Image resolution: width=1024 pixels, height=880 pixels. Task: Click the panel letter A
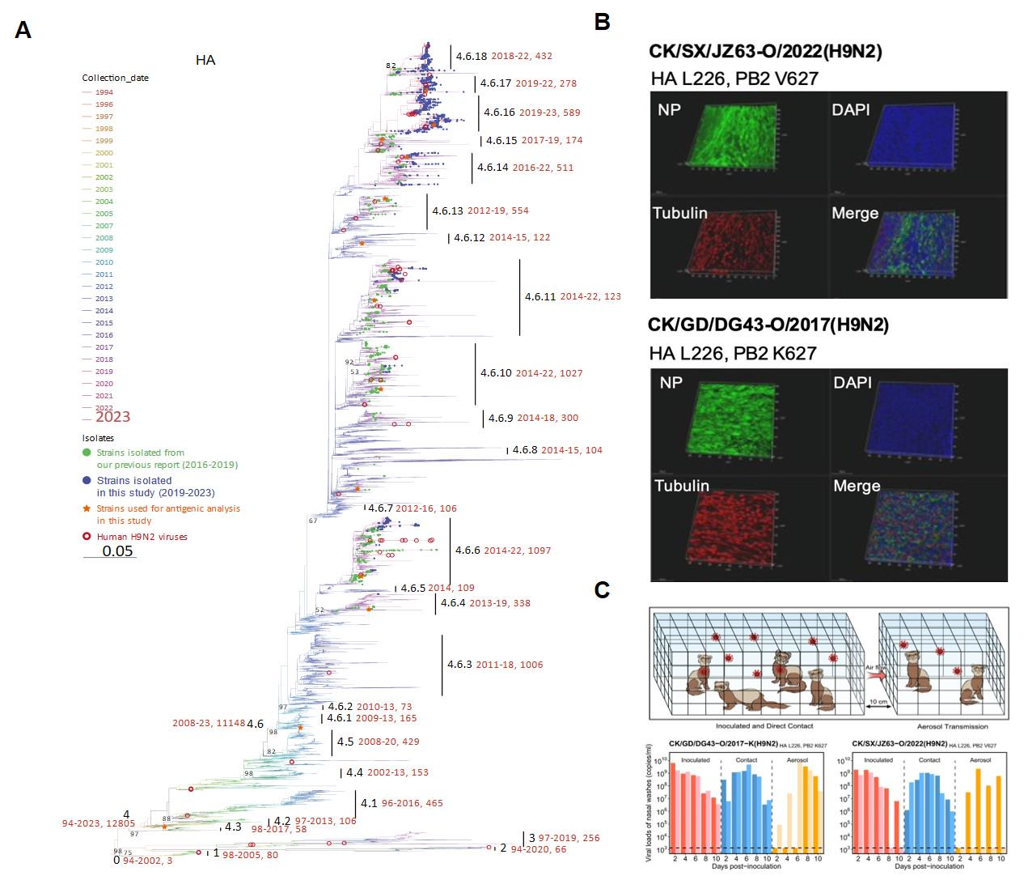pos(23,31)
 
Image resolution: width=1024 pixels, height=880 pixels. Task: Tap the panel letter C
pos(602,590)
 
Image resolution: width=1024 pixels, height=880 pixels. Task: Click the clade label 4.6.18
pos(471,57)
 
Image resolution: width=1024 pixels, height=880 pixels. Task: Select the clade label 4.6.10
pos(496,373)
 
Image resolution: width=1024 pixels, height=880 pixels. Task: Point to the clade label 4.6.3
pos(459,665)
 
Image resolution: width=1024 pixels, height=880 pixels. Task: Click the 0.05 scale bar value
pos(117,551)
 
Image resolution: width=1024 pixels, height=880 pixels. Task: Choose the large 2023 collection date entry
pos(112,417)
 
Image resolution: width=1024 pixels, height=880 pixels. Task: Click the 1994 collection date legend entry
pos(104,92)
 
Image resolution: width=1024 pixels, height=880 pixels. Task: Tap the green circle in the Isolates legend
pos(87,453)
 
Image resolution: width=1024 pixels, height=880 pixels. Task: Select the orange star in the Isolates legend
pos(87,508)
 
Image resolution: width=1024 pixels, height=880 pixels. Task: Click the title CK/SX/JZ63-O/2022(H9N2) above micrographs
pos(765,52)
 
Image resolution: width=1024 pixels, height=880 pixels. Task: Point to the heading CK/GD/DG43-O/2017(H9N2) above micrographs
pos(768,325)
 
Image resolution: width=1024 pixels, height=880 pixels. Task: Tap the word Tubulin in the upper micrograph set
pos(680,213)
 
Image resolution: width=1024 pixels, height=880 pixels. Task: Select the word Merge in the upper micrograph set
pos(855,213)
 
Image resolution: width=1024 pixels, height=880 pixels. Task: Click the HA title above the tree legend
pos(205,60)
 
